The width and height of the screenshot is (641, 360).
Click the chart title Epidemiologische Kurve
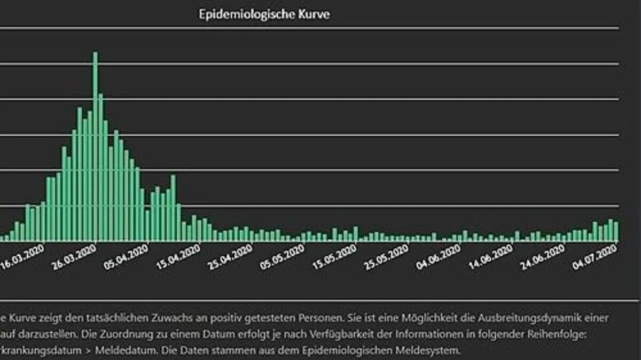click(x=264, y=14)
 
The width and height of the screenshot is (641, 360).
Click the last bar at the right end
click(x=616, y=231)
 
